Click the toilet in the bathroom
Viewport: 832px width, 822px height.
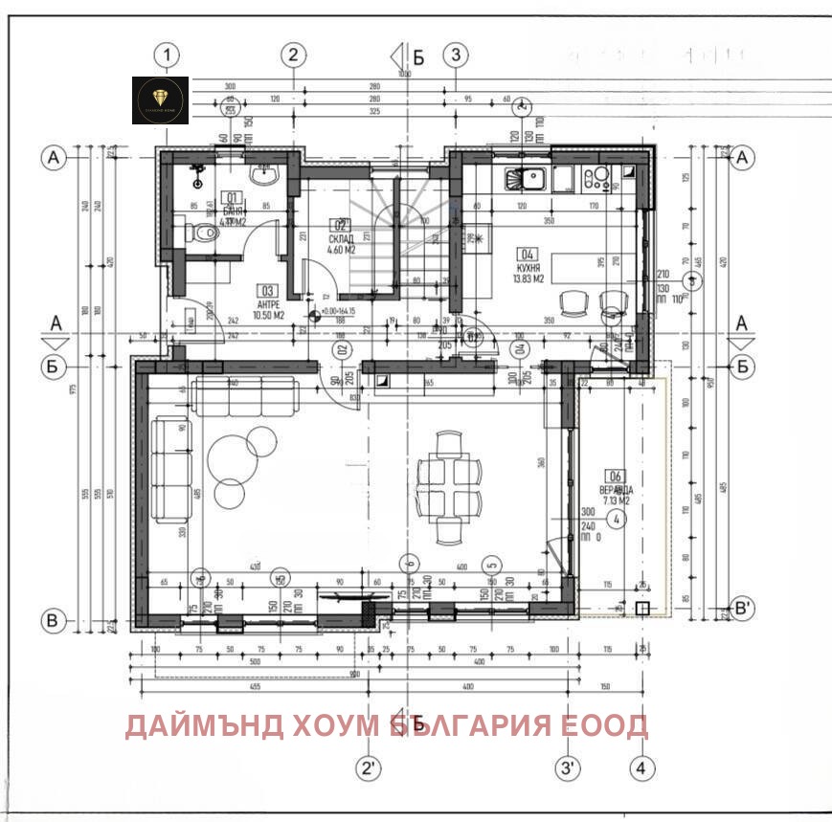[x=201, y=233]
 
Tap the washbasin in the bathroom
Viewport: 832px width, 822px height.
[x=263, y=175]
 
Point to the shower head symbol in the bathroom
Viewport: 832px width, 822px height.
[x=198, y=172]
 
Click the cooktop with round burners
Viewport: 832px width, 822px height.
[x=597, y=177]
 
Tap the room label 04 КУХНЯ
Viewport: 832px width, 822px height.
[x=528, y=267]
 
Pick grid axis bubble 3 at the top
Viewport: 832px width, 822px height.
[x=456, y=55]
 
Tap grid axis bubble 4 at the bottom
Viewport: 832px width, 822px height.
[x=643, y=767]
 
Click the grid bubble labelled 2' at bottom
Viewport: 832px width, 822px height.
[x=368, y=767]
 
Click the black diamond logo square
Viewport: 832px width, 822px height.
[x=161, y=99]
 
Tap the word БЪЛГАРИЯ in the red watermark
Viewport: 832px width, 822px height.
[x=471, y=726]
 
